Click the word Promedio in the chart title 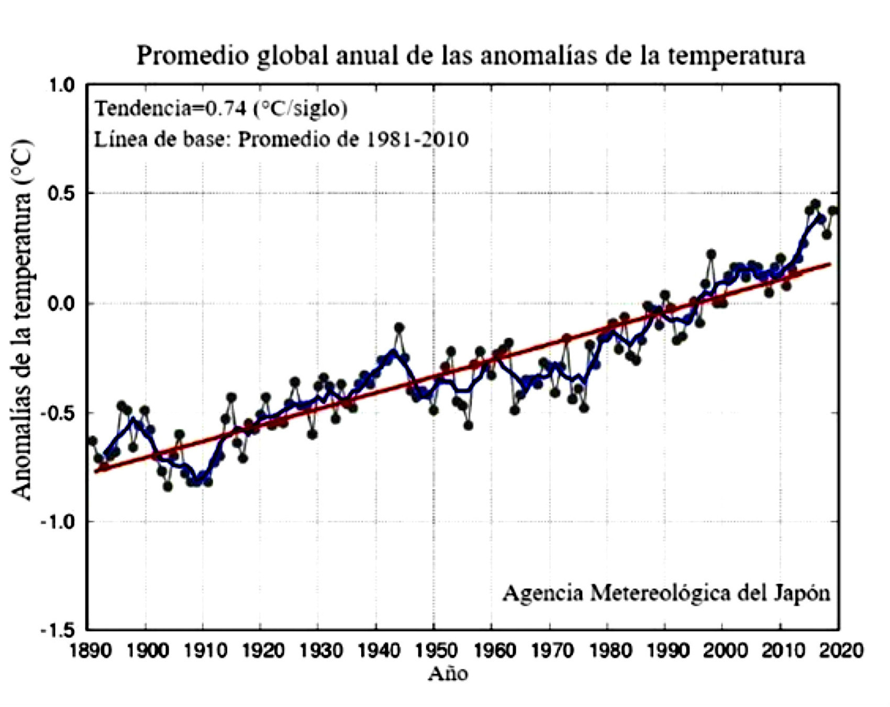pyautogui.click(x=192, y=56)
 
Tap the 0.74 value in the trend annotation pyautogui.click(x=225, y=108)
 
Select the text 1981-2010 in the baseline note pyautogui.click(x=416, y=139)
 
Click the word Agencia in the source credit pyautogui.click(x=542, y=593)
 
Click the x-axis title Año pyautogui.click(x=448, y=674)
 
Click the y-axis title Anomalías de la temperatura pyautogui.click(x=22, y=319)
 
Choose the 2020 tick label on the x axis pyautogui.click(x=840, y=651)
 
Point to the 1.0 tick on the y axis pyautogui.click(x=62, y=85)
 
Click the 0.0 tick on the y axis pyautogui.click(x=62, y=304)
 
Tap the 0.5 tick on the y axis pyautogui.click(x=62, y=194)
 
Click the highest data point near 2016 pyautogui.click(x=815, y=204)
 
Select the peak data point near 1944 pyautogui.click(x=399, y=328)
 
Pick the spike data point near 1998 pyautogui.click(x=711, y=255)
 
